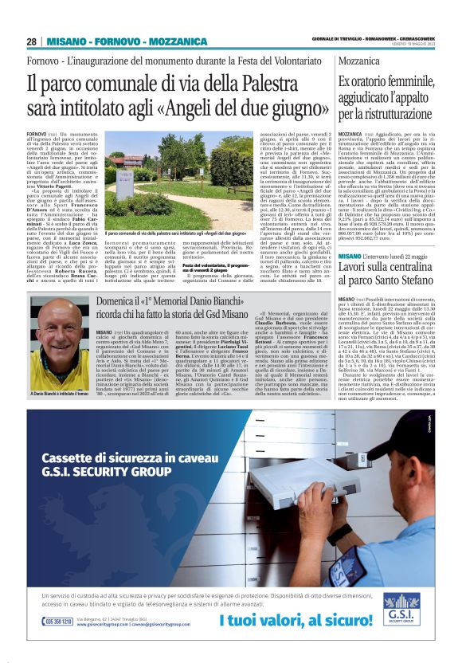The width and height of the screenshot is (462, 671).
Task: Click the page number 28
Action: tap(31, 41)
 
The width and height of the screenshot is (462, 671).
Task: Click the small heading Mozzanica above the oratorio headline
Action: tap(361, 60)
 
